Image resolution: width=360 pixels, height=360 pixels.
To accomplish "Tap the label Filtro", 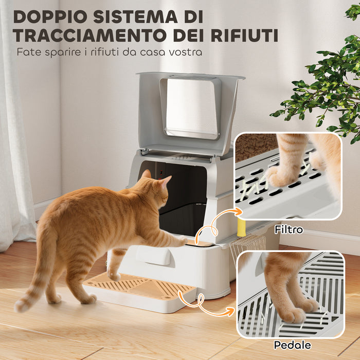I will click(x=289, y=229).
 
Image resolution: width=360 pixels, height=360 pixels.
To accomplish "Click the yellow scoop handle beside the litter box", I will click(x=241, y=226).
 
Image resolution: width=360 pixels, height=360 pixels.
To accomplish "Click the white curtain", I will click(x=15, y=154).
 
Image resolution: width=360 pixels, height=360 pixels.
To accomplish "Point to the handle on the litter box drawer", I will click(x=153, y=256).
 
